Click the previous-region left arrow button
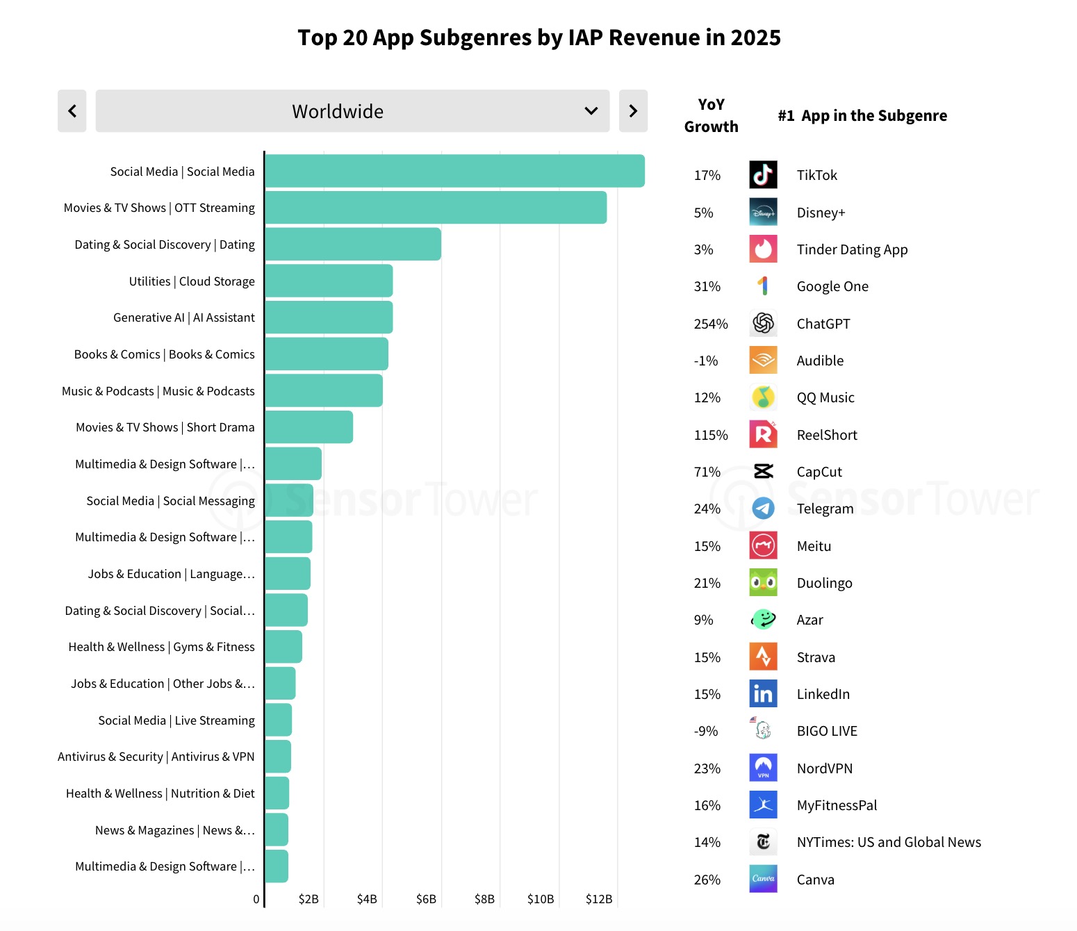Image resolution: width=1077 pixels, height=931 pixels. pyautogui.click(x=72, y=111)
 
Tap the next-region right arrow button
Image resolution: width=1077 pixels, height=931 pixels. pyautogui.click(x=633, y=111)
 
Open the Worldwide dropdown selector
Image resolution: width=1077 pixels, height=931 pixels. pyautogui.click(x=352, y=111)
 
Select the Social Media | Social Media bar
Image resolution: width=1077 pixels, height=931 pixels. pyautogui.click(x=454, y=171)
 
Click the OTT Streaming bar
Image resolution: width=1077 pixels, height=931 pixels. pyautogui.click(x=436, y=208)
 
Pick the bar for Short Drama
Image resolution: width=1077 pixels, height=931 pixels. pyautogui.click(x=309, y=427)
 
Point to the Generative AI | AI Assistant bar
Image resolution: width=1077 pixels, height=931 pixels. pyautogui.click(x=329, y=318)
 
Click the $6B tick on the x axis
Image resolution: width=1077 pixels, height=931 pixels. pyautogui.click(x=426, y=899)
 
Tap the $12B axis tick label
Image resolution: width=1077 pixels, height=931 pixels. pyautogui.click(x=599, y=899)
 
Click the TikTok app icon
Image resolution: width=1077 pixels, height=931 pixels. pyautogui.click(x=763, y=175)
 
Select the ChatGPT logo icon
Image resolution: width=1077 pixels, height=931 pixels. pyautogui.click(x=763, y=323)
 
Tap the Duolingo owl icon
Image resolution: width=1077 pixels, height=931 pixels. pyautogui.click(x=763, y=583)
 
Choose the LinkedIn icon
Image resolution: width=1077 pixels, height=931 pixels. pyautogui.click(x=763, y=693)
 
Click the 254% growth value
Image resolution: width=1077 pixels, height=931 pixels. pyautogui.click(x=711, y=324)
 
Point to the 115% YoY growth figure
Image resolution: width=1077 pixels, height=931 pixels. pyautogui.click(x=711, y=435)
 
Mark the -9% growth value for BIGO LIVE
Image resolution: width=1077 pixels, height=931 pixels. pyautogui.click(x=706, y=731)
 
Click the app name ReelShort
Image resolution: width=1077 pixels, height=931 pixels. pyautogui.click(x=827, y=435)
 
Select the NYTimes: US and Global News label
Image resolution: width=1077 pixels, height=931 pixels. pyautogui.click(x=889, y=842)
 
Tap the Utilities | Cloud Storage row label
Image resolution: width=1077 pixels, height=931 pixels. pyautogui.click(x=192, y=281)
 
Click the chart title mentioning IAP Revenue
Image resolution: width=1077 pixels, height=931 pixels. pyautogui.click(x=539, y=38)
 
